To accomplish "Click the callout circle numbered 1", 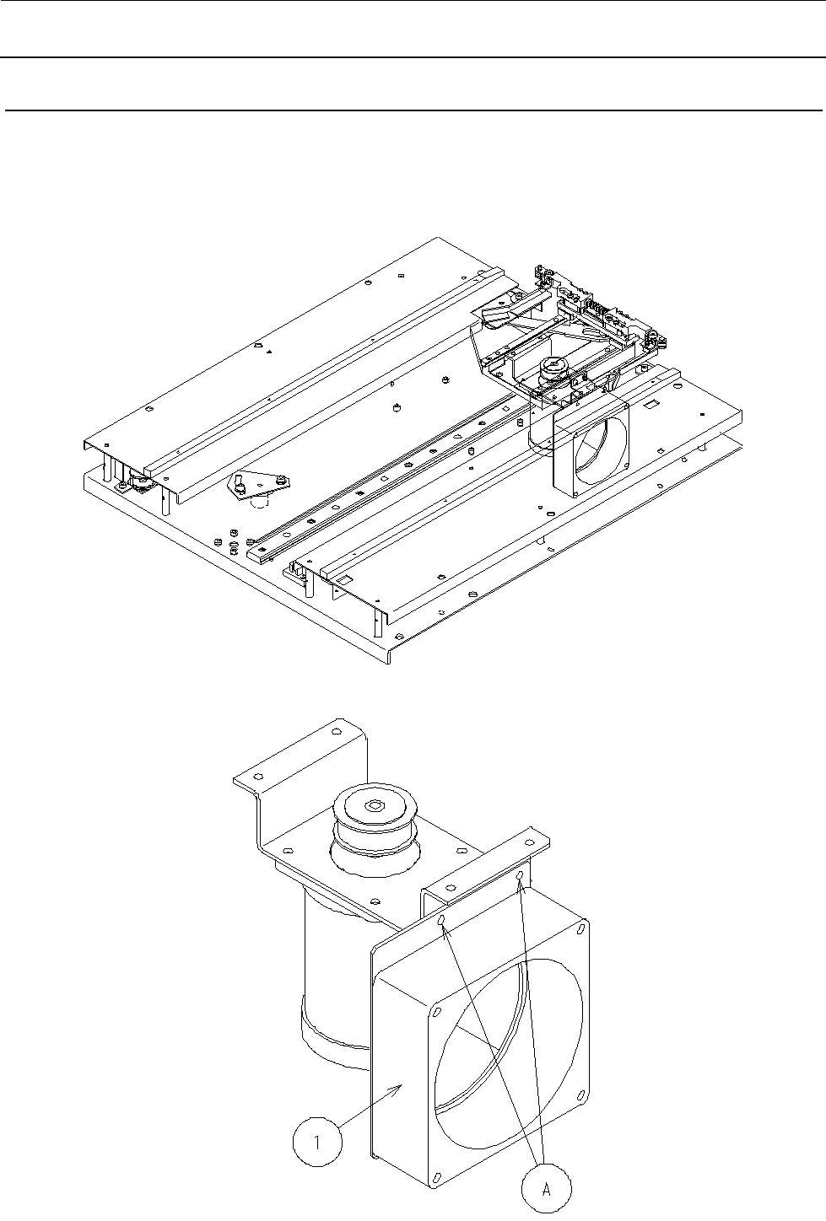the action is pos(317,1142).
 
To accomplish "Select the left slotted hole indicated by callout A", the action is pos(442,921).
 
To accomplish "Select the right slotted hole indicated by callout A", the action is pos(520,875).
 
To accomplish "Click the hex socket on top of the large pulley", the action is pos(375,804).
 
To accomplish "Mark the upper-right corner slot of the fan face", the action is pos(581,928).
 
